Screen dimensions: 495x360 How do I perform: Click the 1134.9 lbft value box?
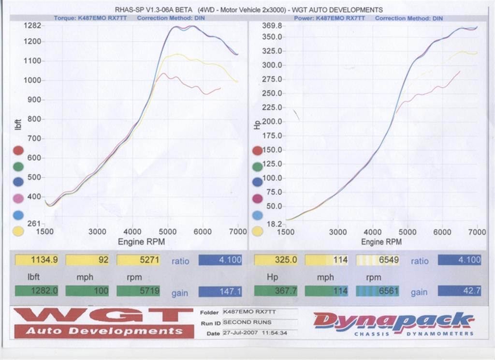pos(37,260)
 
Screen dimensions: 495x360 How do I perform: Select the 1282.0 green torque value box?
pos(37,290)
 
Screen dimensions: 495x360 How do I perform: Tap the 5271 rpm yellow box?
pos(138,260)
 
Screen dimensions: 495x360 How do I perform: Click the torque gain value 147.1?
pos(220,291)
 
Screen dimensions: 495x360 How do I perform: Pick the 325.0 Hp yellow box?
pos(276,260)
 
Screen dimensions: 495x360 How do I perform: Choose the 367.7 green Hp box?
pos(276,291)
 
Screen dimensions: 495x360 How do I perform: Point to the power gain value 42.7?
pos(460,291)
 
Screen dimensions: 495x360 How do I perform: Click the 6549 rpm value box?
pos(378,260)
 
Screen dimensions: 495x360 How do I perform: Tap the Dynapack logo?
pos(394,324)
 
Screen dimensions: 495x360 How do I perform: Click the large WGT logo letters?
pos(103,316)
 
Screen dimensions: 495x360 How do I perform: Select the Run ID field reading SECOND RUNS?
pos(260,322)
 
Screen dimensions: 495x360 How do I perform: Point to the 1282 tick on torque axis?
pos(32,25)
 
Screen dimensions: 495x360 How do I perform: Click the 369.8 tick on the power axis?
pos(272,26)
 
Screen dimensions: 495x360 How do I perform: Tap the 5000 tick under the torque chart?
pos(167,232)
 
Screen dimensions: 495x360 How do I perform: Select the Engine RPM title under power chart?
pos(381,242)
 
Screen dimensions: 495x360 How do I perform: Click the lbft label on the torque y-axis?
pos(18,124)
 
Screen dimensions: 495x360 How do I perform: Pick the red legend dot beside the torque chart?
pos(18,150)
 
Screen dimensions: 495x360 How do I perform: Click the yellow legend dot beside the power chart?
pos(258,231)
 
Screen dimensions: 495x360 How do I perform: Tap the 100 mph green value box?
pos(87,290)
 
